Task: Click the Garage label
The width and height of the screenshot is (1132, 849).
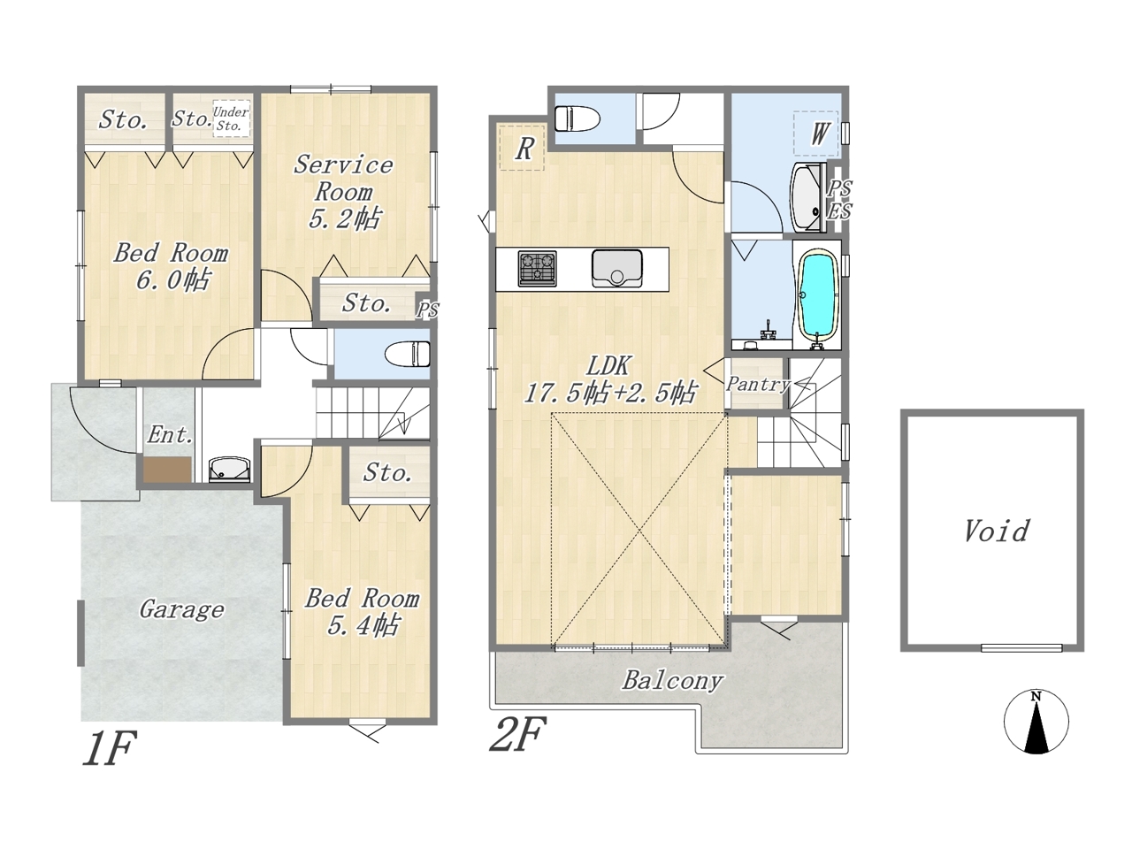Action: pyautogui.click(x=181, y=610)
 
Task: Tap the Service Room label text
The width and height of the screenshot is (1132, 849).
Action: pyautogui.click(x=343, y=178)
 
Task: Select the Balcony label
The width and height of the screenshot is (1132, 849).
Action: pyautogui.click(x=672, y=680)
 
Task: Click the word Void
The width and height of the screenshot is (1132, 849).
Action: pyautogui.click(x=996, y=531)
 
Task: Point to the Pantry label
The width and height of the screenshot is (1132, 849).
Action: pyautogui.click(x=758, y=385)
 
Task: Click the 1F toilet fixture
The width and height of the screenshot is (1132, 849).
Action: pyautogui.click(x=408, y=355)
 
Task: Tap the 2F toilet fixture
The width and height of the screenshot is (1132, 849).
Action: pyautogui.click(x=577, y=119)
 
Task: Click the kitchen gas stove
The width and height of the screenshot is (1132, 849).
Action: pyautogui.click(x=537, y=269)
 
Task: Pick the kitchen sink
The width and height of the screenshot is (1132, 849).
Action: pyautogui.click(x=617, y=269)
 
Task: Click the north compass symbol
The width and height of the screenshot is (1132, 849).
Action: pyautogui.click(x=1036, y=721)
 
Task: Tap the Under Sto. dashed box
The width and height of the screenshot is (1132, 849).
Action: pyautogui.click(x=232, y=119)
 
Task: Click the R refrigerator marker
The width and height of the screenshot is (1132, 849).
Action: pyautogui.click(x=523, y=148)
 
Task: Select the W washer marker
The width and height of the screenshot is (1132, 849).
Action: pyautogui.click(x=816, y=134)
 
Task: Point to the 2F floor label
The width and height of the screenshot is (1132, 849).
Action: pyautogui.click(x=517, y=734)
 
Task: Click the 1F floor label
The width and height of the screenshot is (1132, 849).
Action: pyautogui.click(x=109, y=748)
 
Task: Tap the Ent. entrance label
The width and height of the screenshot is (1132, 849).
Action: pyautogui.click(x=170, y=435)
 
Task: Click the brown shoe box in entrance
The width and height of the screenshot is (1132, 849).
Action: pyautogui.click(x=168, y=469)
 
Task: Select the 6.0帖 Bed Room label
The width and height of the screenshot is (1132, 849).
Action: pyautogui.click(x=172, y=266)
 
